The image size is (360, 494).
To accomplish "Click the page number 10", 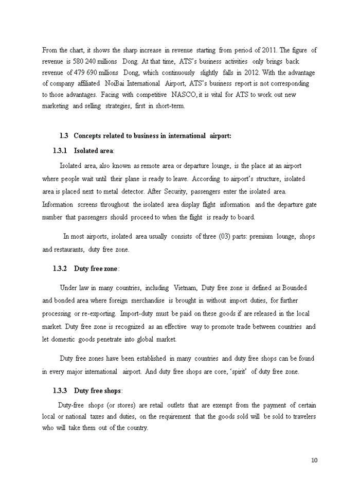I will (x=314, y=460).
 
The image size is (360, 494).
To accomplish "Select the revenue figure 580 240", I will (x=80, y=61).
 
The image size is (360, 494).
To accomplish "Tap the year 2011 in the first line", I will (x=268, y=50).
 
